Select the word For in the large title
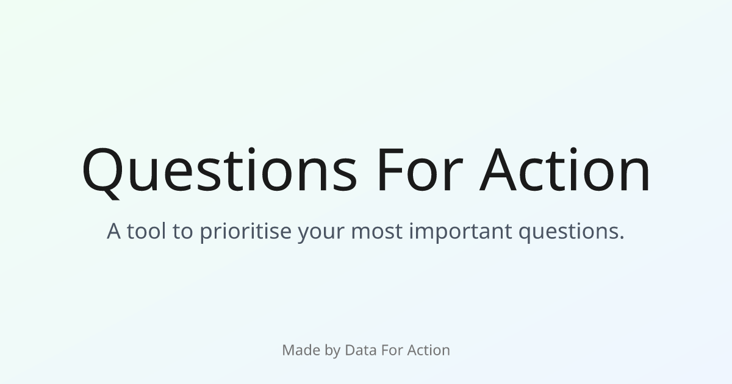click(420, 169)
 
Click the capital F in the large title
click(391, 169)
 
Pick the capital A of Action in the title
click(498, 169)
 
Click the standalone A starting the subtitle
click(113, 231)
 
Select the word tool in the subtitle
click(146, 230)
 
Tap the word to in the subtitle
click(182, 232)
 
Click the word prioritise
click(245, 232)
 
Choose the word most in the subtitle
click(376, 232)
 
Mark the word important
click(461, 232)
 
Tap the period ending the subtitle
click(622, 238)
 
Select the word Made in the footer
click(301, 350)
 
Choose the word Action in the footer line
click(429, 350)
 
